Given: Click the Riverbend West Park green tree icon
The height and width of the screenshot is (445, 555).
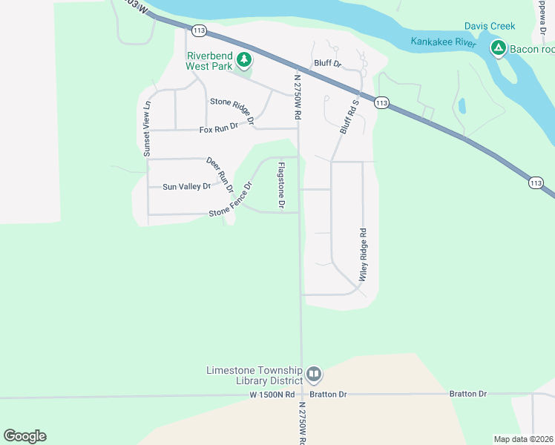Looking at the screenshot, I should point(243,59).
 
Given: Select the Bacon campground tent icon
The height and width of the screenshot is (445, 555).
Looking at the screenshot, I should point(498,49).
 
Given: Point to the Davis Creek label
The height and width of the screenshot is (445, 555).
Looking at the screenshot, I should point(489,26).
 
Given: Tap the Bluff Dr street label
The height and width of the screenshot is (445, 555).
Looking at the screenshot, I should point(326,64).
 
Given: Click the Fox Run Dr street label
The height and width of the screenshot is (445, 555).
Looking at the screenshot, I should point(219,130).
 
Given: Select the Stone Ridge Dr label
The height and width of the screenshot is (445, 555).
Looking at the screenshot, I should point(233,109).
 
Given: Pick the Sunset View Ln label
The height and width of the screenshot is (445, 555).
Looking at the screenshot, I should point(147,128).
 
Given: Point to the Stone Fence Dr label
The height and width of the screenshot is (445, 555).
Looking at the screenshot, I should point(231,201).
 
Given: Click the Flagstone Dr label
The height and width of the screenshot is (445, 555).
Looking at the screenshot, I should point(282,185).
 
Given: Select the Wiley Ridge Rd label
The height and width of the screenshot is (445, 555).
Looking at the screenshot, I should point(364,254).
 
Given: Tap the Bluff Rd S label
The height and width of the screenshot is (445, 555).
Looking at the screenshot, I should point(349,116).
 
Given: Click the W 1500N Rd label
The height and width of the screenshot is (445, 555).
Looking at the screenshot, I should point(272,395).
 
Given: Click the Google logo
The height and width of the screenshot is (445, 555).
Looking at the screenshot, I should point(24,436).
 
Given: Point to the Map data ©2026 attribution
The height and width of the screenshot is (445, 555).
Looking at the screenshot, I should point(522,439).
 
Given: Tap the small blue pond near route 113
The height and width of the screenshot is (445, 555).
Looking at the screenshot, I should point(463,105).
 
